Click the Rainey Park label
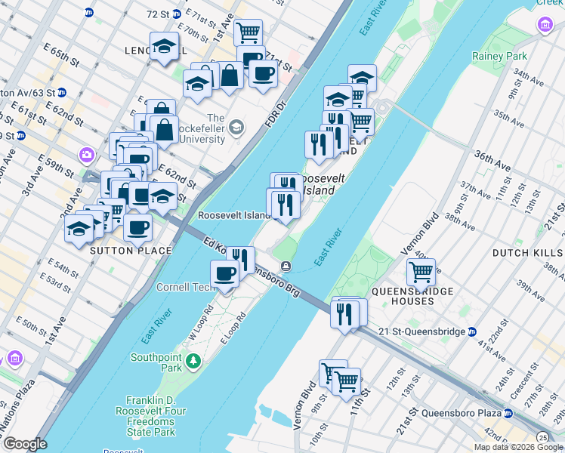(499, 56)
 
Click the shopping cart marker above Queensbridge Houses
(421, 270)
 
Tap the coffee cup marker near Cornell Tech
(225, 273)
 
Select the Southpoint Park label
(156, 362)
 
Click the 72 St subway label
(159, 14)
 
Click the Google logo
(25, 444)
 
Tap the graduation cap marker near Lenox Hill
(164, 46)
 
